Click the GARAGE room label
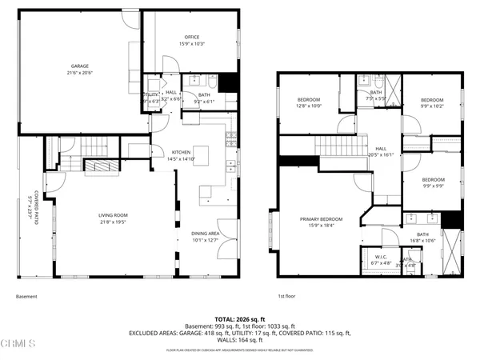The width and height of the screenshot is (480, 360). [78, 66]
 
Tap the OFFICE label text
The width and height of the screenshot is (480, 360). [191, 38]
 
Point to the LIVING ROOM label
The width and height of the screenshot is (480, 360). [112, 215]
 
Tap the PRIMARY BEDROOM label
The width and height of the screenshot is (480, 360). [321, 219]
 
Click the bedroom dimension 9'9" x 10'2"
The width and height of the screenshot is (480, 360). [432, 105]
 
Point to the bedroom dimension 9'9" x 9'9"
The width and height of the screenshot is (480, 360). [433, 185]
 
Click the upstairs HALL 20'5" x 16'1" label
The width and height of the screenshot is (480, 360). [381, 154]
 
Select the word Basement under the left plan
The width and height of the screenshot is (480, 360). [26, 296]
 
